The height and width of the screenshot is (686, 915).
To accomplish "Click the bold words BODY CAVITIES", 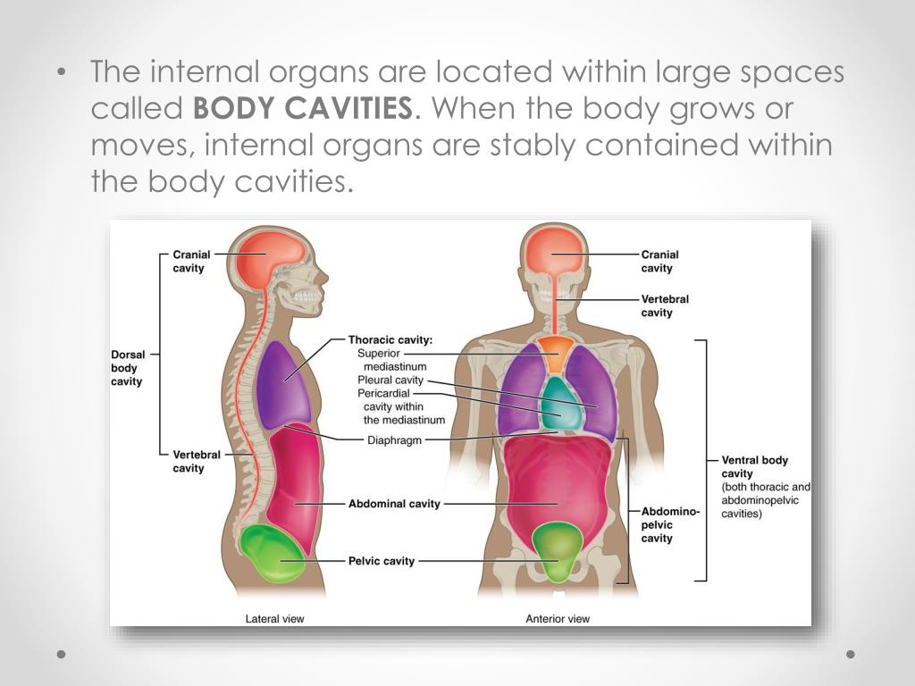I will click(303, 109).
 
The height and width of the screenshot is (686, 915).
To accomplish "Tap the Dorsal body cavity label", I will click(128, 368).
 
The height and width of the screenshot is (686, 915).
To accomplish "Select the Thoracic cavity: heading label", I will click(390, 340).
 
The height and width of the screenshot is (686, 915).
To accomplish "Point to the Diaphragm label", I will click(394, 440).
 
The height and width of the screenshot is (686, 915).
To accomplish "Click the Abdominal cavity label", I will click(394, 504).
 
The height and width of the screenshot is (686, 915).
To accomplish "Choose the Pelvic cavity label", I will click(382, 561).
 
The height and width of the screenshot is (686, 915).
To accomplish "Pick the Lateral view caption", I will click(275, 618).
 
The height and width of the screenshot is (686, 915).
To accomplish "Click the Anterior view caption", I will click(558, 618).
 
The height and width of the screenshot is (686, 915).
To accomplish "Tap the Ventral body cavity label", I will click(756, 466).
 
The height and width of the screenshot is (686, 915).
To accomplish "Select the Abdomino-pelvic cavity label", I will click(669, 525).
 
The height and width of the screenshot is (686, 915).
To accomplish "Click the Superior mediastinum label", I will click(392, 359).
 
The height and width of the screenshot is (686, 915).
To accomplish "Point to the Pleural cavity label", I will click(390, 381).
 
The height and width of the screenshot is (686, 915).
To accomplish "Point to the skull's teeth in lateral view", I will click(306, 294).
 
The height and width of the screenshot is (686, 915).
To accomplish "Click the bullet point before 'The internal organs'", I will click(62, 73).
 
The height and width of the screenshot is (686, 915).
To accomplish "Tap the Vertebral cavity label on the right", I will click(665, 305).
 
